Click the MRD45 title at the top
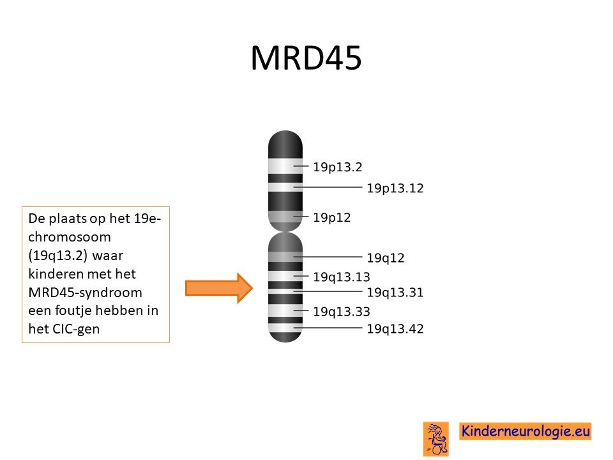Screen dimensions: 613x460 coord(306,58)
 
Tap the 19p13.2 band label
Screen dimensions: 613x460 coord(337,167)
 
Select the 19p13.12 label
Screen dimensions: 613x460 coord(395,188)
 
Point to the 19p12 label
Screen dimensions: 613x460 coord(331,217)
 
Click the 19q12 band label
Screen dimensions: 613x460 coord(385,258)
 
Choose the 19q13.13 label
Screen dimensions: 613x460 coord(341,277)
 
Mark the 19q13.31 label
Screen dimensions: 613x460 coord(395,292)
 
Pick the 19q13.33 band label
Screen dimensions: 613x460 coord(341,312)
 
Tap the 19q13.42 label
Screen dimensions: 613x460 coord(395,328)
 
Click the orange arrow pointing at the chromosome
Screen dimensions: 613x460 coord(219,288)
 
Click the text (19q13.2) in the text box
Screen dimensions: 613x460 coord(57,256)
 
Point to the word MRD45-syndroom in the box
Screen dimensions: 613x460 coord(85,292)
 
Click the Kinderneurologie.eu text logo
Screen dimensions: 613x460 coord(526,431)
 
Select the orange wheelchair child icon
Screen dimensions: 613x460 coord(436,439)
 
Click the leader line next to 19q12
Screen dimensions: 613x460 coord(328,257)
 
